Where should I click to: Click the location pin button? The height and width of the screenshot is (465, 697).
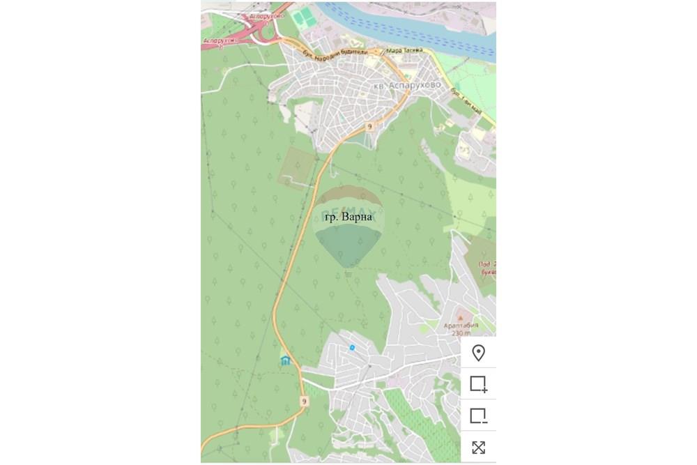point(478,353)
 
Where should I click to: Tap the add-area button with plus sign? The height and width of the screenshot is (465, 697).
point(478,384)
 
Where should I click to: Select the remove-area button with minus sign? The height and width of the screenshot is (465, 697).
point(478,416)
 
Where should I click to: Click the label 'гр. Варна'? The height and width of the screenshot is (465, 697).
point(354,217)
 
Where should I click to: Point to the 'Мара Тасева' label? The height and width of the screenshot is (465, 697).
point(404,50)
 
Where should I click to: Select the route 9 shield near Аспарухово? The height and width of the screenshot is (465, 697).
point(369,127)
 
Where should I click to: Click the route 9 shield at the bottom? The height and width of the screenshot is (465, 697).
point(304,401)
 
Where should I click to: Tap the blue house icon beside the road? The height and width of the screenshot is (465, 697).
point(285,360)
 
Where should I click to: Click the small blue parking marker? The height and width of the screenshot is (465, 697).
point(352,347)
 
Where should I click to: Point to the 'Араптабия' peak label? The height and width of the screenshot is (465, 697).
point(460,325)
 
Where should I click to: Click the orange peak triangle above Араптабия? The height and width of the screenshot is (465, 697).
point(460,317)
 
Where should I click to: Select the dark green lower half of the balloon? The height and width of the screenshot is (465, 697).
point(348,244)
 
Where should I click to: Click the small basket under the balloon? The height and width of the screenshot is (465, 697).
point(348,273)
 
